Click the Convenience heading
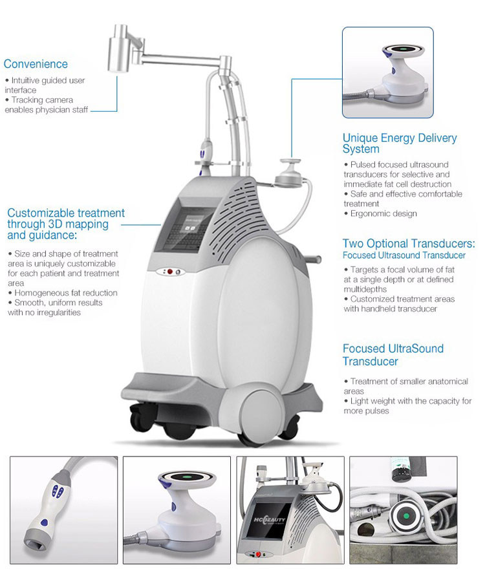(36, 64)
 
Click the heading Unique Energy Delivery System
(400, 143)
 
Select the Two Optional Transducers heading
(409, 244)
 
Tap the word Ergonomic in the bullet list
(368, 213)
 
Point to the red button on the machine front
(169, 272)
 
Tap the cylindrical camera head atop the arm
(118, 48)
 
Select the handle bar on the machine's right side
(314, 259)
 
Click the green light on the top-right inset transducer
(404, 49)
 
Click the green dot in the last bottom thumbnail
(407, 516)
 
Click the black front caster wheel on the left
(138, 417)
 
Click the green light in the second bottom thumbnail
(187, 476)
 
